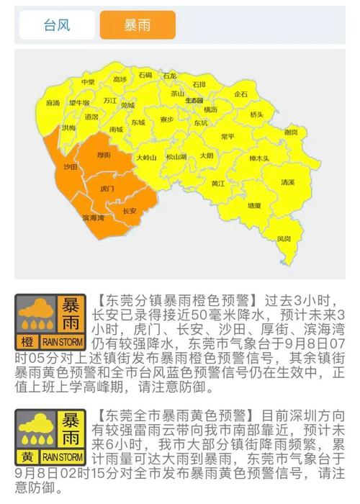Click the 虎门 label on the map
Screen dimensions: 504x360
107,188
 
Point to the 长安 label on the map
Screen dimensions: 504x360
130,211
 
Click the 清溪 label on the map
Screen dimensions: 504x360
287,183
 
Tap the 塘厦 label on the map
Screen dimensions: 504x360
254,205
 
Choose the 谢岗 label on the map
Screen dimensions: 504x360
290,132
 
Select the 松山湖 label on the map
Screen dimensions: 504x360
176,156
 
